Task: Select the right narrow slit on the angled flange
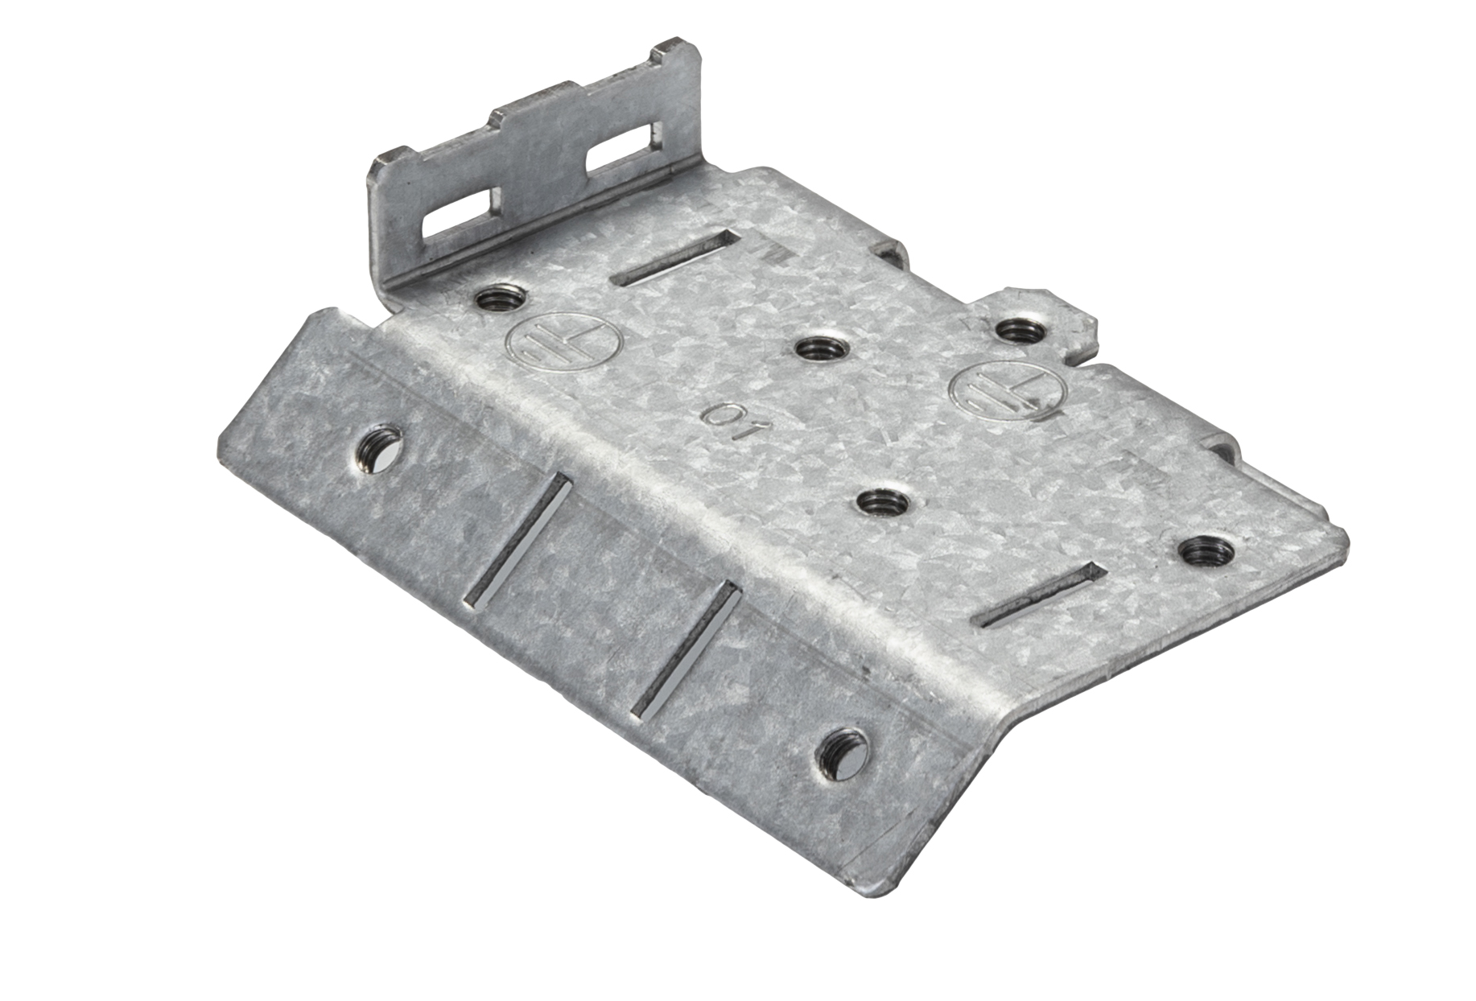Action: pos(686,647)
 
